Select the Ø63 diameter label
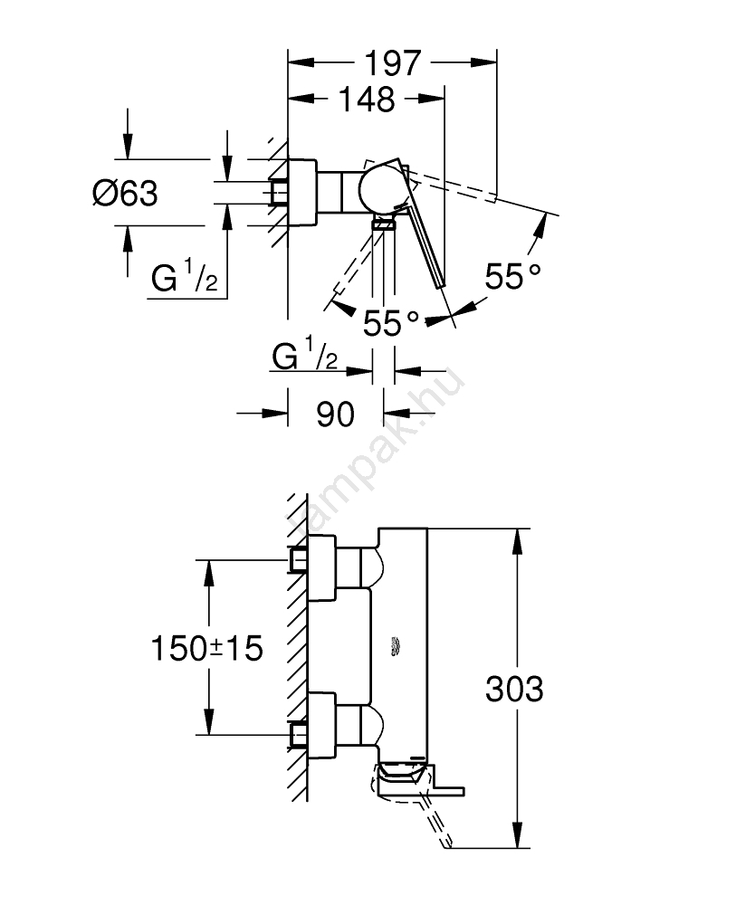coord(125,193)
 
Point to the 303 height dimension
coord(514,690)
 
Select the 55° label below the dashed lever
coord(392,322)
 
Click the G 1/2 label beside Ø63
coord(184,280)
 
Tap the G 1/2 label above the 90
coord(305,357)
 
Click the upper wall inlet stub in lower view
coord(298,561)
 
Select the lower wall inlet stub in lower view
coord(298,733)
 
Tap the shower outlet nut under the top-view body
coord(384,224)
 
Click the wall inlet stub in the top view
coord(278,193)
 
